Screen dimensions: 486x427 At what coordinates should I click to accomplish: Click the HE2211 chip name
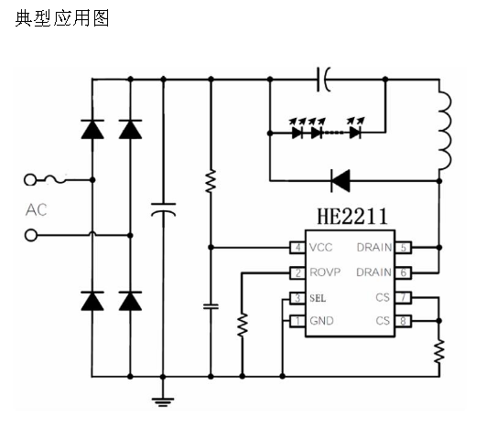click(x=352, y=216)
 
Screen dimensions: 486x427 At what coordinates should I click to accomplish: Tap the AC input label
click(x=37, y=210)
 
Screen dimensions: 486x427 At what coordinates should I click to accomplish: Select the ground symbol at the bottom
click(x=163, y=401)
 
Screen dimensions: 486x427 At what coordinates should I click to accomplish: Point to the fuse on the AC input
click(x=55, y=179)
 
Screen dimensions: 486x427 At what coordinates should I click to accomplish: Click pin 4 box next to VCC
click(x=297, y=248)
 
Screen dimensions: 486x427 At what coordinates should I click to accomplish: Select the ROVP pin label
click(x=325, y=272)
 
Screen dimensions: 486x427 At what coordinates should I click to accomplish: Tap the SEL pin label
click(x=318, y=298)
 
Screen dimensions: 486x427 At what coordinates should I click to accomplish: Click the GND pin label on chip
click(x=322, y=321)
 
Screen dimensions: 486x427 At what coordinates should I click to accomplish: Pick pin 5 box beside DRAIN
click(x=404, y=248)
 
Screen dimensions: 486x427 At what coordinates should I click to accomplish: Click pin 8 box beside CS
click(x=404, y=321)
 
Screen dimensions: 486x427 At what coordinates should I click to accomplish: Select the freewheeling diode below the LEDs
click(x=340, y=180)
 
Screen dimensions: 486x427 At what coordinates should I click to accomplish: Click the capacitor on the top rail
click(x=323, y=80)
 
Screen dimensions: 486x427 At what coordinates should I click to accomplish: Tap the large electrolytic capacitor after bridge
click(x=163, y=209)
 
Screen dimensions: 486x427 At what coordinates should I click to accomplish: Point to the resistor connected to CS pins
click(x=439, y=351)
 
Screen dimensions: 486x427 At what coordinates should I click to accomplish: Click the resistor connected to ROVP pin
click(x=243, y=325)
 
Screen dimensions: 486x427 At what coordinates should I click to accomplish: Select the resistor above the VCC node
click(x=211, y=181)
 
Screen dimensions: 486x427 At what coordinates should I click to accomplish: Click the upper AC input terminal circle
click(x=30, y=179)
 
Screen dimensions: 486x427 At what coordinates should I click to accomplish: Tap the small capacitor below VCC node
click(x=211, y=306)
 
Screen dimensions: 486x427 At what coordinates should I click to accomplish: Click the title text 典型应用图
click(x=62, y=18)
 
